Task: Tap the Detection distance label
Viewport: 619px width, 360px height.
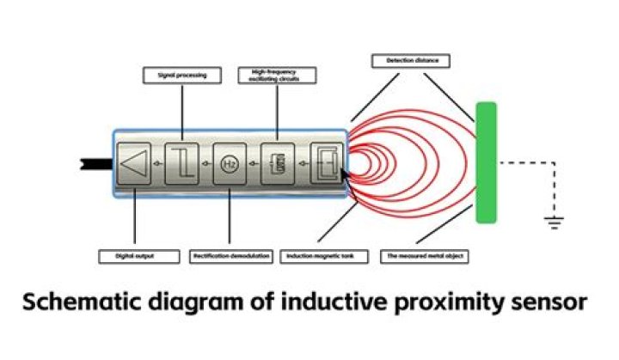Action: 411,61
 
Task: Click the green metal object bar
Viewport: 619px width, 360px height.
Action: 487,162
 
